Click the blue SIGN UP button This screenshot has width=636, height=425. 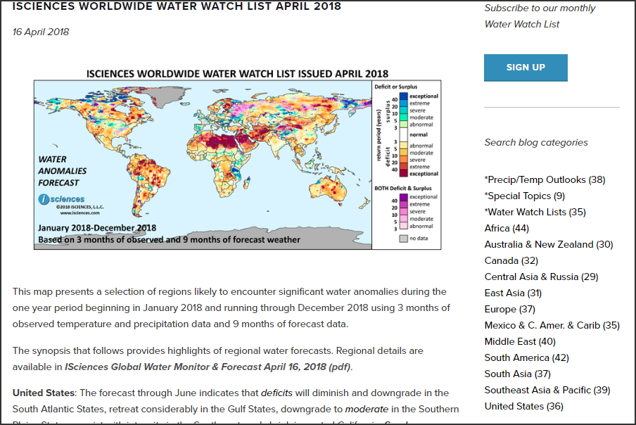[x=526, y=68]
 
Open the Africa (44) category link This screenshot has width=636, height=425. [x=507, y=228]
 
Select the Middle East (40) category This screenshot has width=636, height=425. [x=520, y=341]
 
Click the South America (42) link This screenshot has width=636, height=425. [x=526, y=357]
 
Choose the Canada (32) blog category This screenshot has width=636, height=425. [x=511, y=260]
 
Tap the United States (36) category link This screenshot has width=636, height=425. [x=523, y=406]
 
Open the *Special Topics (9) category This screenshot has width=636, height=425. [x=524, y=196]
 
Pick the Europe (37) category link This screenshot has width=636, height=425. [x=509, y=309]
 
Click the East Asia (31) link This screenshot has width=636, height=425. [x=513, y=293]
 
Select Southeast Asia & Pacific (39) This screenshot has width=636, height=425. [x=547, y=390]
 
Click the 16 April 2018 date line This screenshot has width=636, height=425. [x=41, y=32]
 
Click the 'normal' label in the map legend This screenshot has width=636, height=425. [x=418, y=134]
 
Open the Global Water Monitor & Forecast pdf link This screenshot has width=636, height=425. [x=207, y=367]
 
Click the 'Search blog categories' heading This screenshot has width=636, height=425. [x=535, y=142]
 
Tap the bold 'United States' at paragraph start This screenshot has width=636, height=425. [x=43, y=392]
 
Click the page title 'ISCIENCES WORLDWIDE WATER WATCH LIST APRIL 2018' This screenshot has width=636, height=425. [x=177, y=6]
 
